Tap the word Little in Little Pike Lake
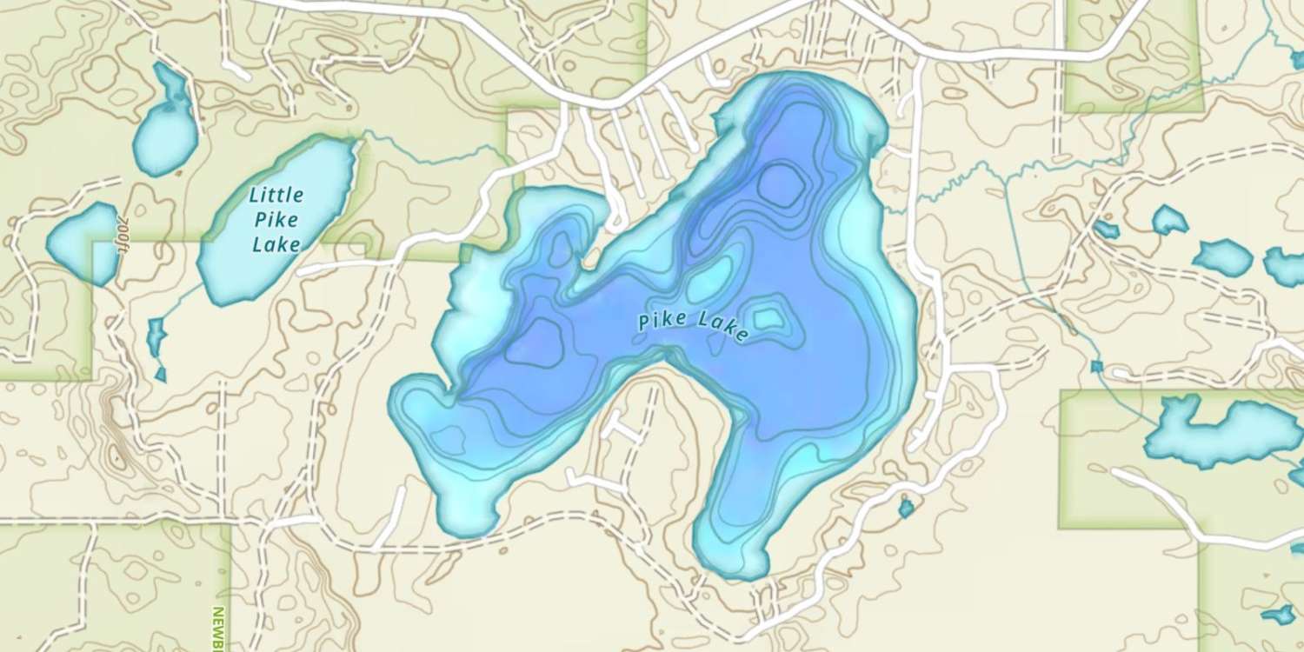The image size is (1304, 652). pyautogui.click(x=276, y=194)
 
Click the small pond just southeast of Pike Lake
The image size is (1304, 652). pyautogui.click(x=906, y=507)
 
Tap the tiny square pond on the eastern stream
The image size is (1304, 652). pyautogui.click(x=1097, y=366)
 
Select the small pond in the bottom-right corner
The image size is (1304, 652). pyautogui.click(x=1280, y=615)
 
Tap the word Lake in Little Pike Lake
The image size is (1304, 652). pyautogui.click(x=276, y=244)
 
